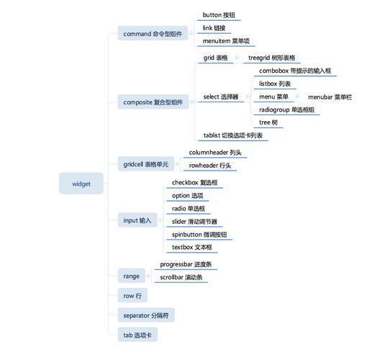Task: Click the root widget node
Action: (81, 183)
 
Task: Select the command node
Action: (153, 33)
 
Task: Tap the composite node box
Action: (153, 102)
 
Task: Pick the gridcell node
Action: (146, 163)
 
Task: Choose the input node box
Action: (137, 220)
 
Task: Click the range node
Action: (132, 276)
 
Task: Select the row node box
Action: (132, 295)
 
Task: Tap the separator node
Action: (146, 315)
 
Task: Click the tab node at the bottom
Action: (137, 335)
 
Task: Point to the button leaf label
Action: (219, 15)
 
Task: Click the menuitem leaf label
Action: (226, 41)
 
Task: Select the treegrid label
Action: (272, 58)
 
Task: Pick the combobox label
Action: (295, 71)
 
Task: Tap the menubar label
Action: (330, 97)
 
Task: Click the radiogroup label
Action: (287, 109)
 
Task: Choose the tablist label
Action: (233, 135)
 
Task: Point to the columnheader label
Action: (215, 153)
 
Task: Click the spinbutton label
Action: (199, 235)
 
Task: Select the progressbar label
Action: (186, 264)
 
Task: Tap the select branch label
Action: (221, 96)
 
